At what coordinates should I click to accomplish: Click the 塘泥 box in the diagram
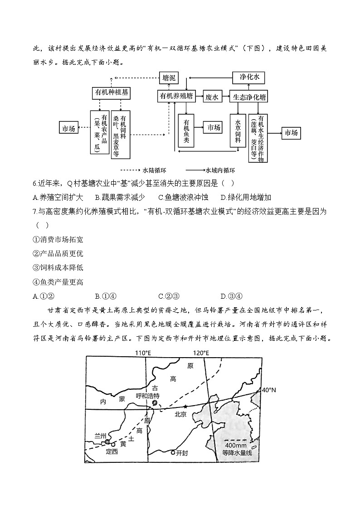[169, 78]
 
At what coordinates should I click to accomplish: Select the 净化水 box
[249, 78]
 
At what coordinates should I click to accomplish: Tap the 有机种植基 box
[111, 92]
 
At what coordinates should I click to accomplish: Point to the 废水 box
[212, 97]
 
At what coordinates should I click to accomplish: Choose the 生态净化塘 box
[249, 97]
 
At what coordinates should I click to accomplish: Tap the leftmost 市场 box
[68, 128]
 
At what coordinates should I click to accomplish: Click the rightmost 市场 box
[291, 133]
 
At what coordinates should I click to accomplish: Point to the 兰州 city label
[100, 436]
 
